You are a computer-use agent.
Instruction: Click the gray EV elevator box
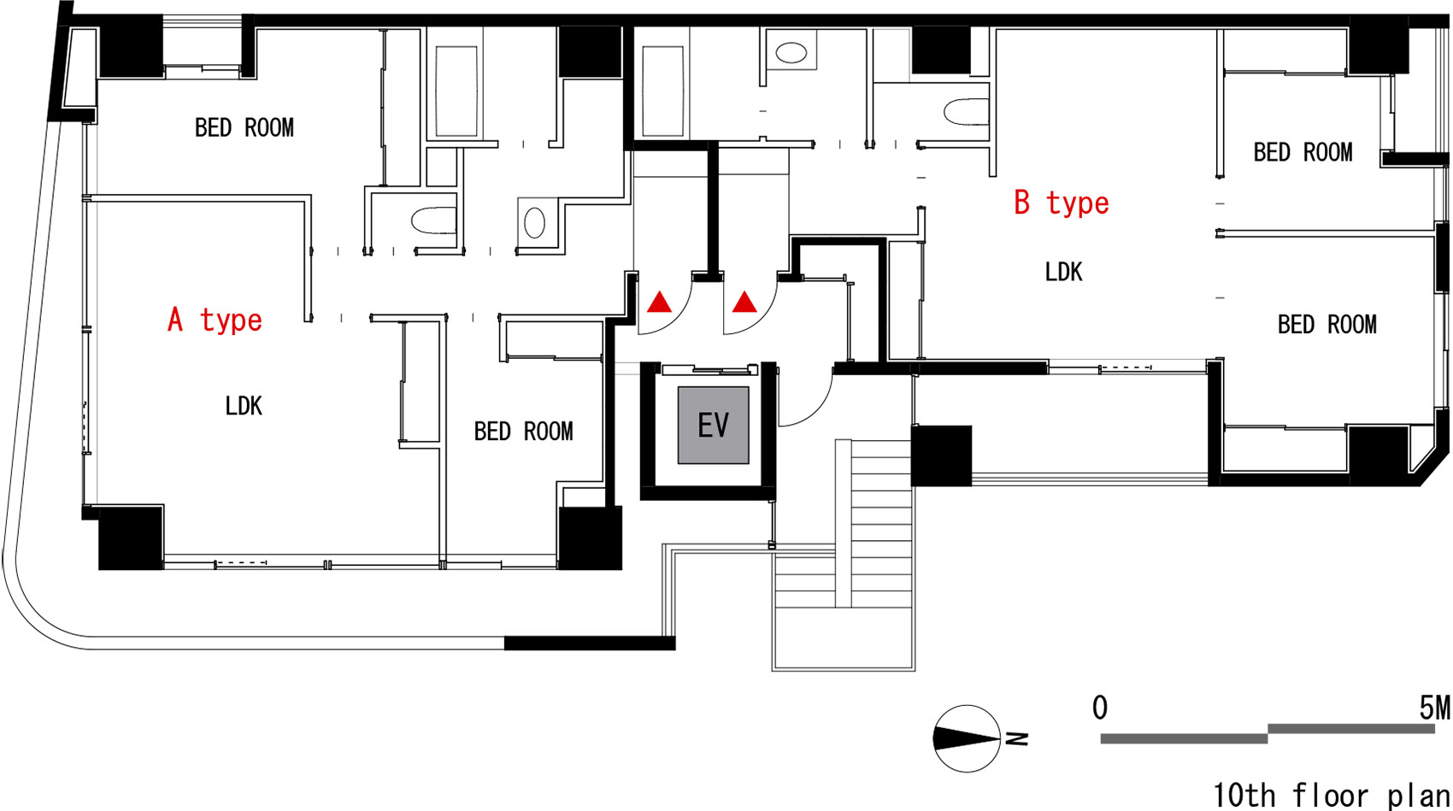[713, 425]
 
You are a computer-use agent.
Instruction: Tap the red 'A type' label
[215, 320]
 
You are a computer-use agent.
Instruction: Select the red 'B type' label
[1061, 203]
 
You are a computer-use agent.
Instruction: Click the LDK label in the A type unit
[244, 405]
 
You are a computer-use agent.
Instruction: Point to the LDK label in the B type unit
[1063, 272]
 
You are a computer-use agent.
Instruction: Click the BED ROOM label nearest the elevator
[523, 431]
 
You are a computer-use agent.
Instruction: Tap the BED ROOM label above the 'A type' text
[244, 127]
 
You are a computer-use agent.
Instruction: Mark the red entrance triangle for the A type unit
[659, 302]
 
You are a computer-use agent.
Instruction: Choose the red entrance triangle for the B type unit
[744, 302]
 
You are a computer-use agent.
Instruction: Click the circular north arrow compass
[966, 738]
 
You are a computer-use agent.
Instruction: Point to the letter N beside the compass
[1017, 738]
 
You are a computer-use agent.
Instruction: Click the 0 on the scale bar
[1100, 708]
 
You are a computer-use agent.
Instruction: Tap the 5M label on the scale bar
[1434, 708]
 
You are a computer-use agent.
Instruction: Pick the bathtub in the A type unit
[456, 91]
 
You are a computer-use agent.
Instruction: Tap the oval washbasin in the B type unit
[791, 53]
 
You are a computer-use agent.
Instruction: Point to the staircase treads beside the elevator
[879, 513]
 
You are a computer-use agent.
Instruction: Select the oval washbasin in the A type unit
[534, 223]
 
